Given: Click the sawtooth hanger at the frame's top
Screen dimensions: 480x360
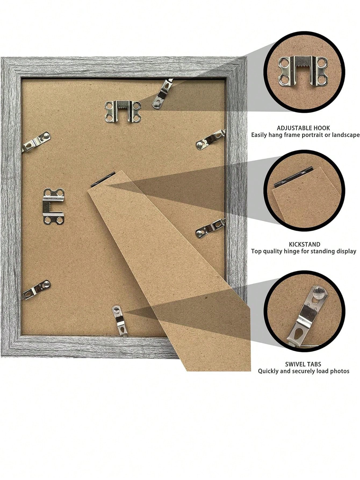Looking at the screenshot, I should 123,111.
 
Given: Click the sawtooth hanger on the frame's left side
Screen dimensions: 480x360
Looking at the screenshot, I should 53,206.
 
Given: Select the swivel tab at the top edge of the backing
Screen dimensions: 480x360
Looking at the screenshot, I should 163,94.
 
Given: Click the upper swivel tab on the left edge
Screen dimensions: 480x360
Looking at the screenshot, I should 37,142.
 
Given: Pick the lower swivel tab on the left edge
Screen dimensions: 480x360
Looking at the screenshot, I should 37,289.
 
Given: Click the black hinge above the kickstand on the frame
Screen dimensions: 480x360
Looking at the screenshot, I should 103,179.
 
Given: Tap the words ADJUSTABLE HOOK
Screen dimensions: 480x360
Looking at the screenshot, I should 303,128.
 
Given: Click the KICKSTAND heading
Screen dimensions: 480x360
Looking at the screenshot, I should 304,244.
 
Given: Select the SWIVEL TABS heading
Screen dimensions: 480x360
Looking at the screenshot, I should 303,364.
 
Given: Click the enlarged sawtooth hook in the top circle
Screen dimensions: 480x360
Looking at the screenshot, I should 303,71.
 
